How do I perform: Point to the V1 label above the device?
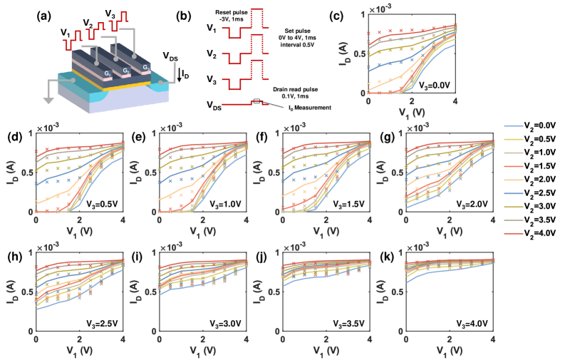[x=65, y=34]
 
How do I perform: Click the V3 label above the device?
[x=110, y=13]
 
